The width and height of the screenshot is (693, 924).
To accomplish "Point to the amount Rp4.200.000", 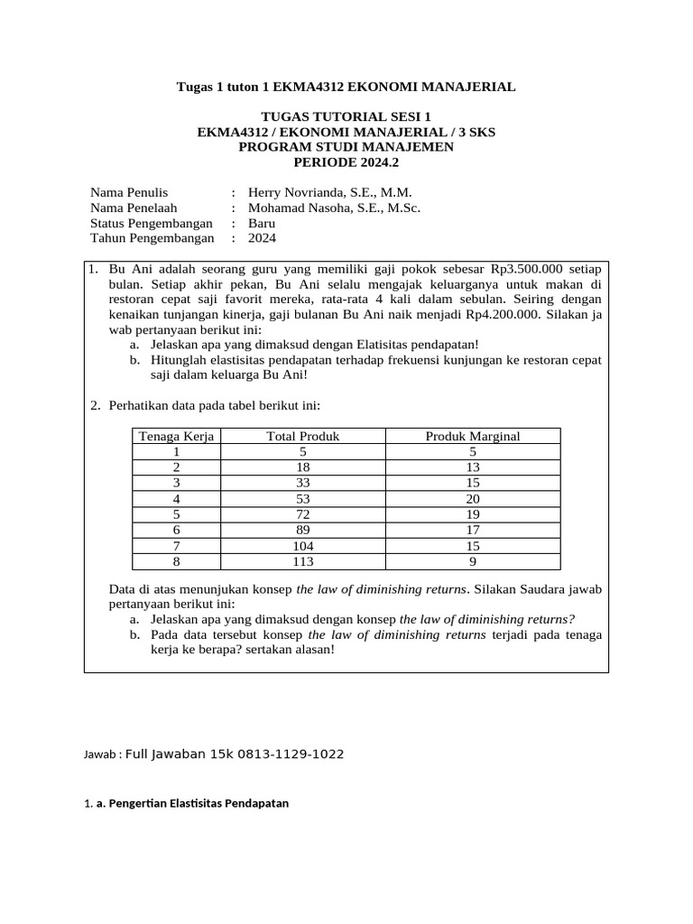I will [x=495, y=314].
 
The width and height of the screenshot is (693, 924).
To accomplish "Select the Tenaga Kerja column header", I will [x=176, y=437].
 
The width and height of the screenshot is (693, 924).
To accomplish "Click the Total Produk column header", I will [x=302, y=437].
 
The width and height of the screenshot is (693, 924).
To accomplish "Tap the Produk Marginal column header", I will [x=472, y=437].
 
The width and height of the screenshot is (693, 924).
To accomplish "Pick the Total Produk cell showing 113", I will [x=302, y=561].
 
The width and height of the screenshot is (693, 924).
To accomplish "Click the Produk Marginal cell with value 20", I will [x=472, y=499].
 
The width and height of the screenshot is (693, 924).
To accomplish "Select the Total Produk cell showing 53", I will [x=302, y=499].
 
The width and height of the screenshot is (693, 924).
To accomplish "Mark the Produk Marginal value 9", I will [x=472, y=561].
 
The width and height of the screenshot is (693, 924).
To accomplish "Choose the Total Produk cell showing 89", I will [x=302, y=531].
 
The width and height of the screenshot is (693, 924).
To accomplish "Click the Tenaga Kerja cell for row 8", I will [x=176, y=561].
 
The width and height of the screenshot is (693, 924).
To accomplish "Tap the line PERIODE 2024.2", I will [x=346, y=162].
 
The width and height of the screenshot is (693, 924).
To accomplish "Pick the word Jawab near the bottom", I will [x=99, y=754].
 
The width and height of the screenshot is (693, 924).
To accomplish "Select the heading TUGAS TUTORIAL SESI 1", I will [x=346, y=116].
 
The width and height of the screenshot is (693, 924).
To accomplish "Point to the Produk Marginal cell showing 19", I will [x=472, y=514].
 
